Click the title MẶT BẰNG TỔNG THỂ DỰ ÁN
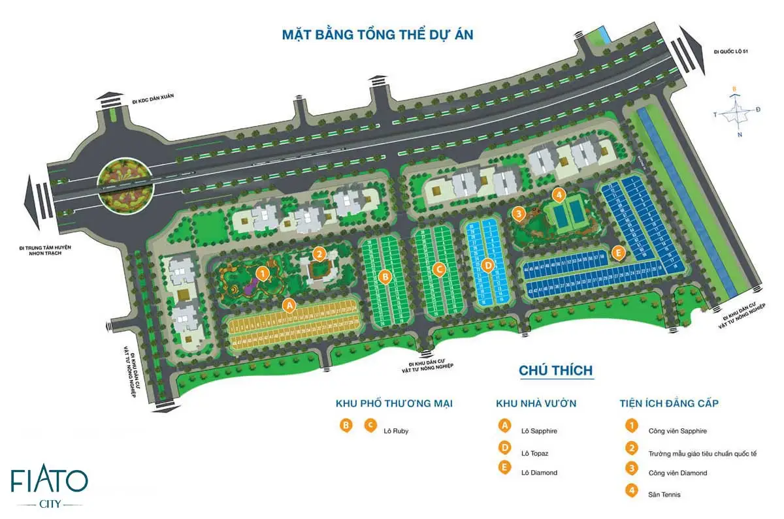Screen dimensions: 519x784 [377, 34]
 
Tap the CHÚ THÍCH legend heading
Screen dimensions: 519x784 [555, 371]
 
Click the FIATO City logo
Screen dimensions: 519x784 [49, 486]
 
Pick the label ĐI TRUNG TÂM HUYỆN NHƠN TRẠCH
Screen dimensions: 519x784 [44, 251]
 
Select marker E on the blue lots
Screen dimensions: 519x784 [617, 252]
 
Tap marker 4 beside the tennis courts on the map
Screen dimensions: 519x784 [558, 195]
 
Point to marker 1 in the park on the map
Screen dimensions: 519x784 [262, 273]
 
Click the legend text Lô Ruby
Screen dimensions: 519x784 [396, 431]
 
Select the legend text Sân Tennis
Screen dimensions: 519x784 [664, 494]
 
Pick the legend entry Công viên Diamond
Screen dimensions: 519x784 [678, 473]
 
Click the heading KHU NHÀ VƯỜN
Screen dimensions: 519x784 [536, 403]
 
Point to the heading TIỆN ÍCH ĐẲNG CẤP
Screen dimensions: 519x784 [669, 403]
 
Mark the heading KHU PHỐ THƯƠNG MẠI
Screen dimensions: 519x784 [394, 403]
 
